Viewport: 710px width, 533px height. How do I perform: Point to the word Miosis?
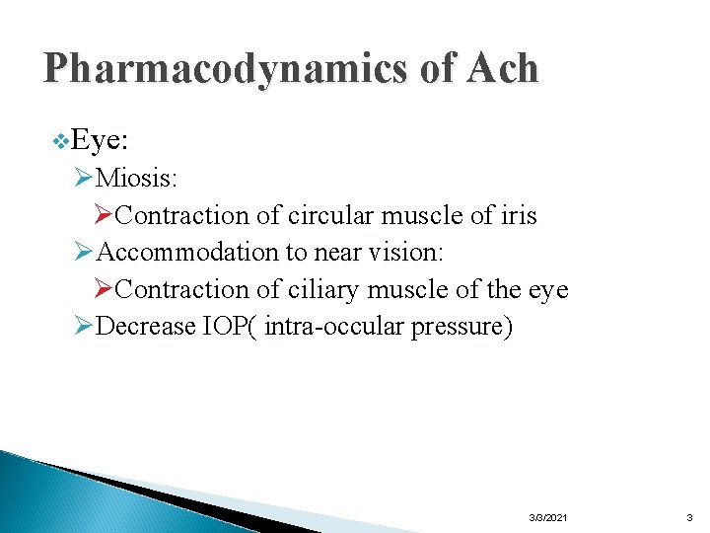[x=138, y=179]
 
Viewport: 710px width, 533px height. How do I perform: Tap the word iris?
[x=517, y=215]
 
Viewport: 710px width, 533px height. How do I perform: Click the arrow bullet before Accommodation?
[x=84, y=252]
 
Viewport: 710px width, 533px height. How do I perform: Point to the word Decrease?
[x=147, y=327]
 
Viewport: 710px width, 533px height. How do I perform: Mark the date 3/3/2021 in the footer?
[x=547, y=517]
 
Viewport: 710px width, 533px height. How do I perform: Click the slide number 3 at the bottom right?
[x=689, y=517]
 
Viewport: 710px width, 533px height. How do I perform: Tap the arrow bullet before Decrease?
[x=84, y=327]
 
